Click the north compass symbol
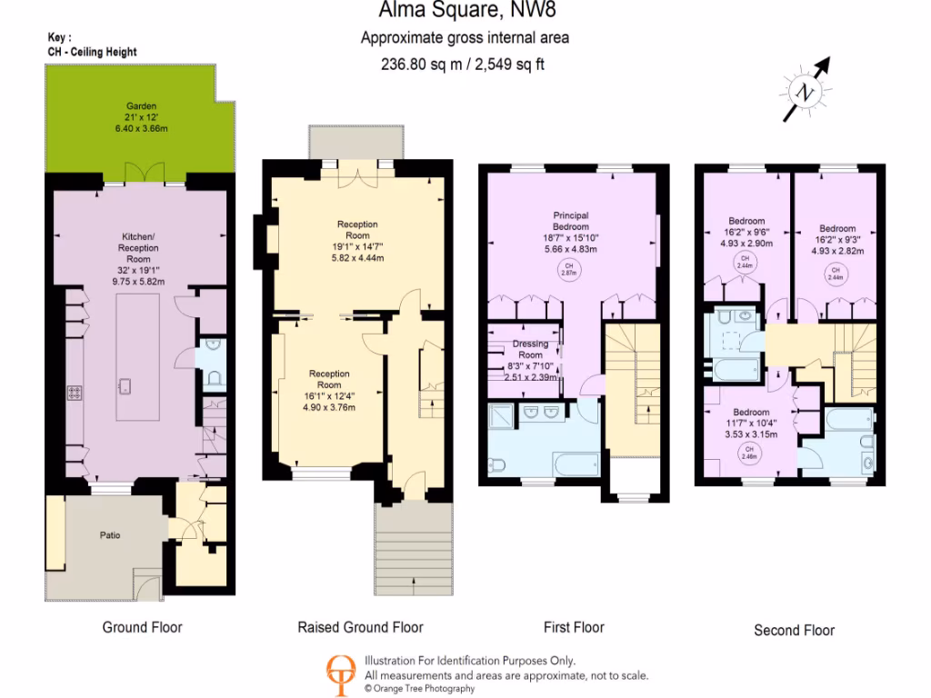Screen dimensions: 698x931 805,90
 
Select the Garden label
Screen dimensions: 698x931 135,106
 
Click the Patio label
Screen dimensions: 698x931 110,535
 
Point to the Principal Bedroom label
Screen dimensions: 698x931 570,221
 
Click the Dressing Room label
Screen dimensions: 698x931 529,350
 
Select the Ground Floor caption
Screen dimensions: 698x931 142,627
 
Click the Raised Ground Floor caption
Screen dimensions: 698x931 360,627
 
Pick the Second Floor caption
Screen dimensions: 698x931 794,630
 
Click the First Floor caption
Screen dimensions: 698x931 574,627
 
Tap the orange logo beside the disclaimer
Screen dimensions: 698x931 342,674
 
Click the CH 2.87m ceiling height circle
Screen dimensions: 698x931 570,269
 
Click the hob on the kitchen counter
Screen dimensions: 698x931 75,393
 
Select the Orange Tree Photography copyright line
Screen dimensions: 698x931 419,689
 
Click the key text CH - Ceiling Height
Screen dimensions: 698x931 92,52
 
